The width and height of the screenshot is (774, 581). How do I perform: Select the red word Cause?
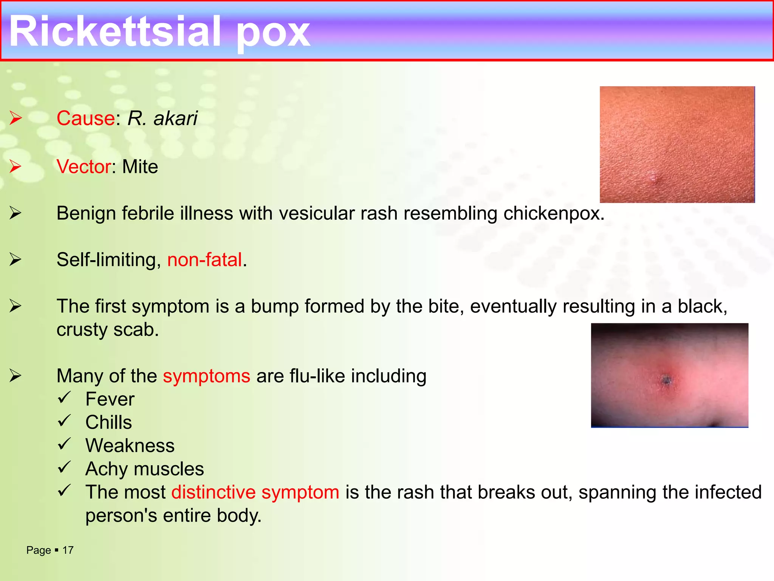(86, 118)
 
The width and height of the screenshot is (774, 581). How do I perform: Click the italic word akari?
(175, 118)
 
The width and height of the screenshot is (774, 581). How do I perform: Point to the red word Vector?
(84, 166)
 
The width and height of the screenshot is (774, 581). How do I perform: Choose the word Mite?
(140, 166)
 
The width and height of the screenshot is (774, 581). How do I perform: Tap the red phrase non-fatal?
(204, 260)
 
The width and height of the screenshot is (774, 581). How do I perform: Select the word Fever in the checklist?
(110, 399)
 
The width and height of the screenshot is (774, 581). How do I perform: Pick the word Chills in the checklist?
(108, 422)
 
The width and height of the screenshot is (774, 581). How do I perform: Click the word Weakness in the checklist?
(130, 446)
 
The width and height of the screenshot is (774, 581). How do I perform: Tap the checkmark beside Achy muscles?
(65, 468)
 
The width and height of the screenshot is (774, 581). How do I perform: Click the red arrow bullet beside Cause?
(15, 118)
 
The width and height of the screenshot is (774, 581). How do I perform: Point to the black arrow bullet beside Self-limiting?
(15, 259)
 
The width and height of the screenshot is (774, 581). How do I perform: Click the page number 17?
(68, 550)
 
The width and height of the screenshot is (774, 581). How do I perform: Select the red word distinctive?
(214, 492)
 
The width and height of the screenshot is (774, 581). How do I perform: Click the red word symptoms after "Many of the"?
(206, 376)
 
